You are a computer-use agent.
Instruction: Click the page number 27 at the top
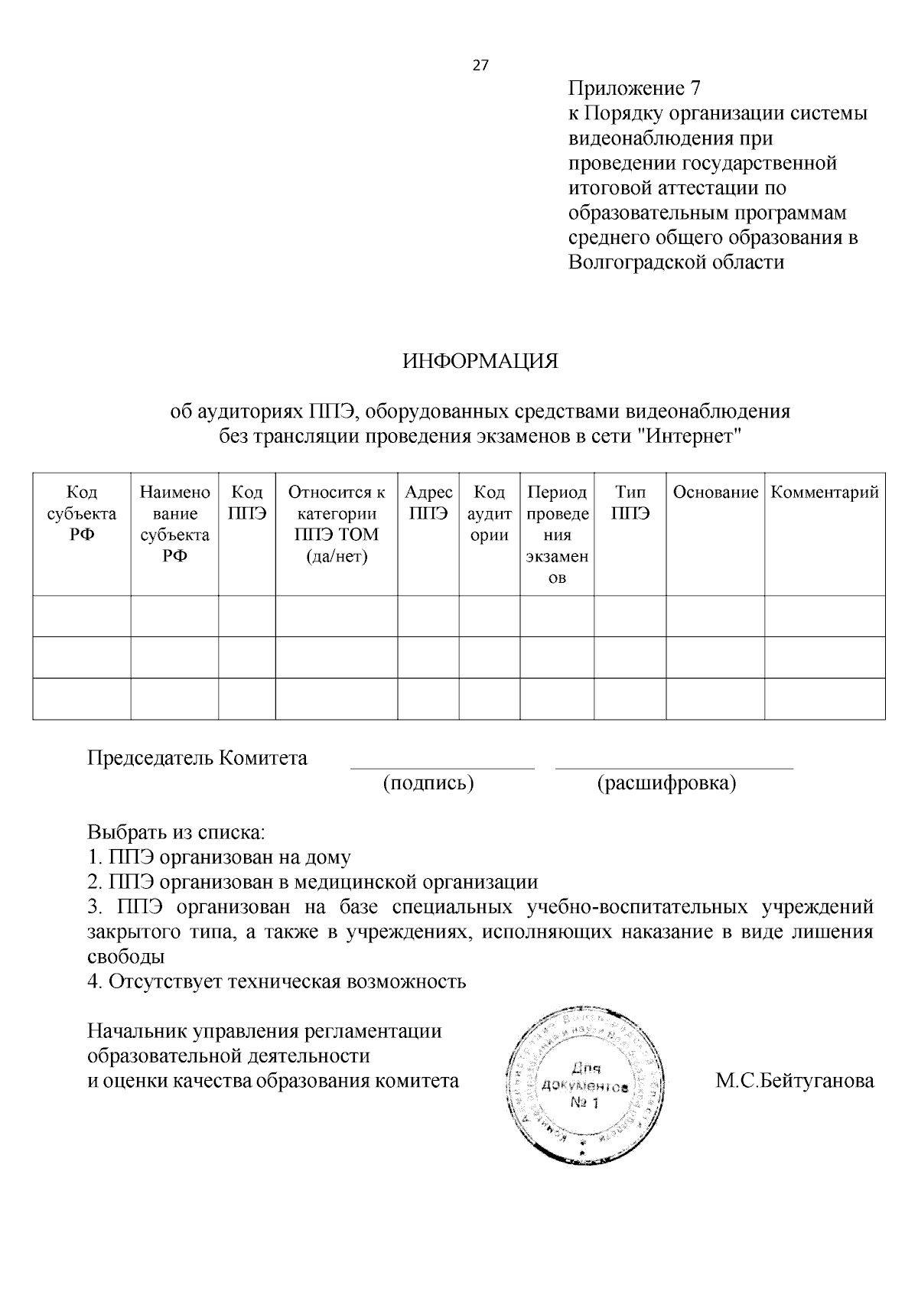tap(480, 65)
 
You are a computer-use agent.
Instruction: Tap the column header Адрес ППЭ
tap(428, 503)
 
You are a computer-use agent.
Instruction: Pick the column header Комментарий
tap(825, 493)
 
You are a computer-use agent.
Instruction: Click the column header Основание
tap(715, 493)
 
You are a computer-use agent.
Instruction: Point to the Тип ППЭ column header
tap(630, 503)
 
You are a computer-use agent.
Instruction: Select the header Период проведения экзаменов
tap(558, 535)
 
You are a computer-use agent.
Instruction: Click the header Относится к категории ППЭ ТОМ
tap(337, 524)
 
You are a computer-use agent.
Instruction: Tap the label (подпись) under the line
tap(428, 783)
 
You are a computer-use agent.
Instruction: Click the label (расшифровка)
tap(666, 783)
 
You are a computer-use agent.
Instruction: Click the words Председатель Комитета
tap(197, 758)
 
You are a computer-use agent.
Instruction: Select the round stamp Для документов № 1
tap(587, 1087)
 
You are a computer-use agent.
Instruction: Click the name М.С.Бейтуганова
tap(795, 1082)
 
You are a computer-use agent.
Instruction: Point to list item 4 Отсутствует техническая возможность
tap(277, 981)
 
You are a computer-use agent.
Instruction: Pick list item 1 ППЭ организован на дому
tap(220, 857)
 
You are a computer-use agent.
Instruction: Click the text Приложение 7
tap(634, 89)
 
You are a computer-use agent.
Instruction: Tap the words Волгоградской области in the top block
tap(676, 262)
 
